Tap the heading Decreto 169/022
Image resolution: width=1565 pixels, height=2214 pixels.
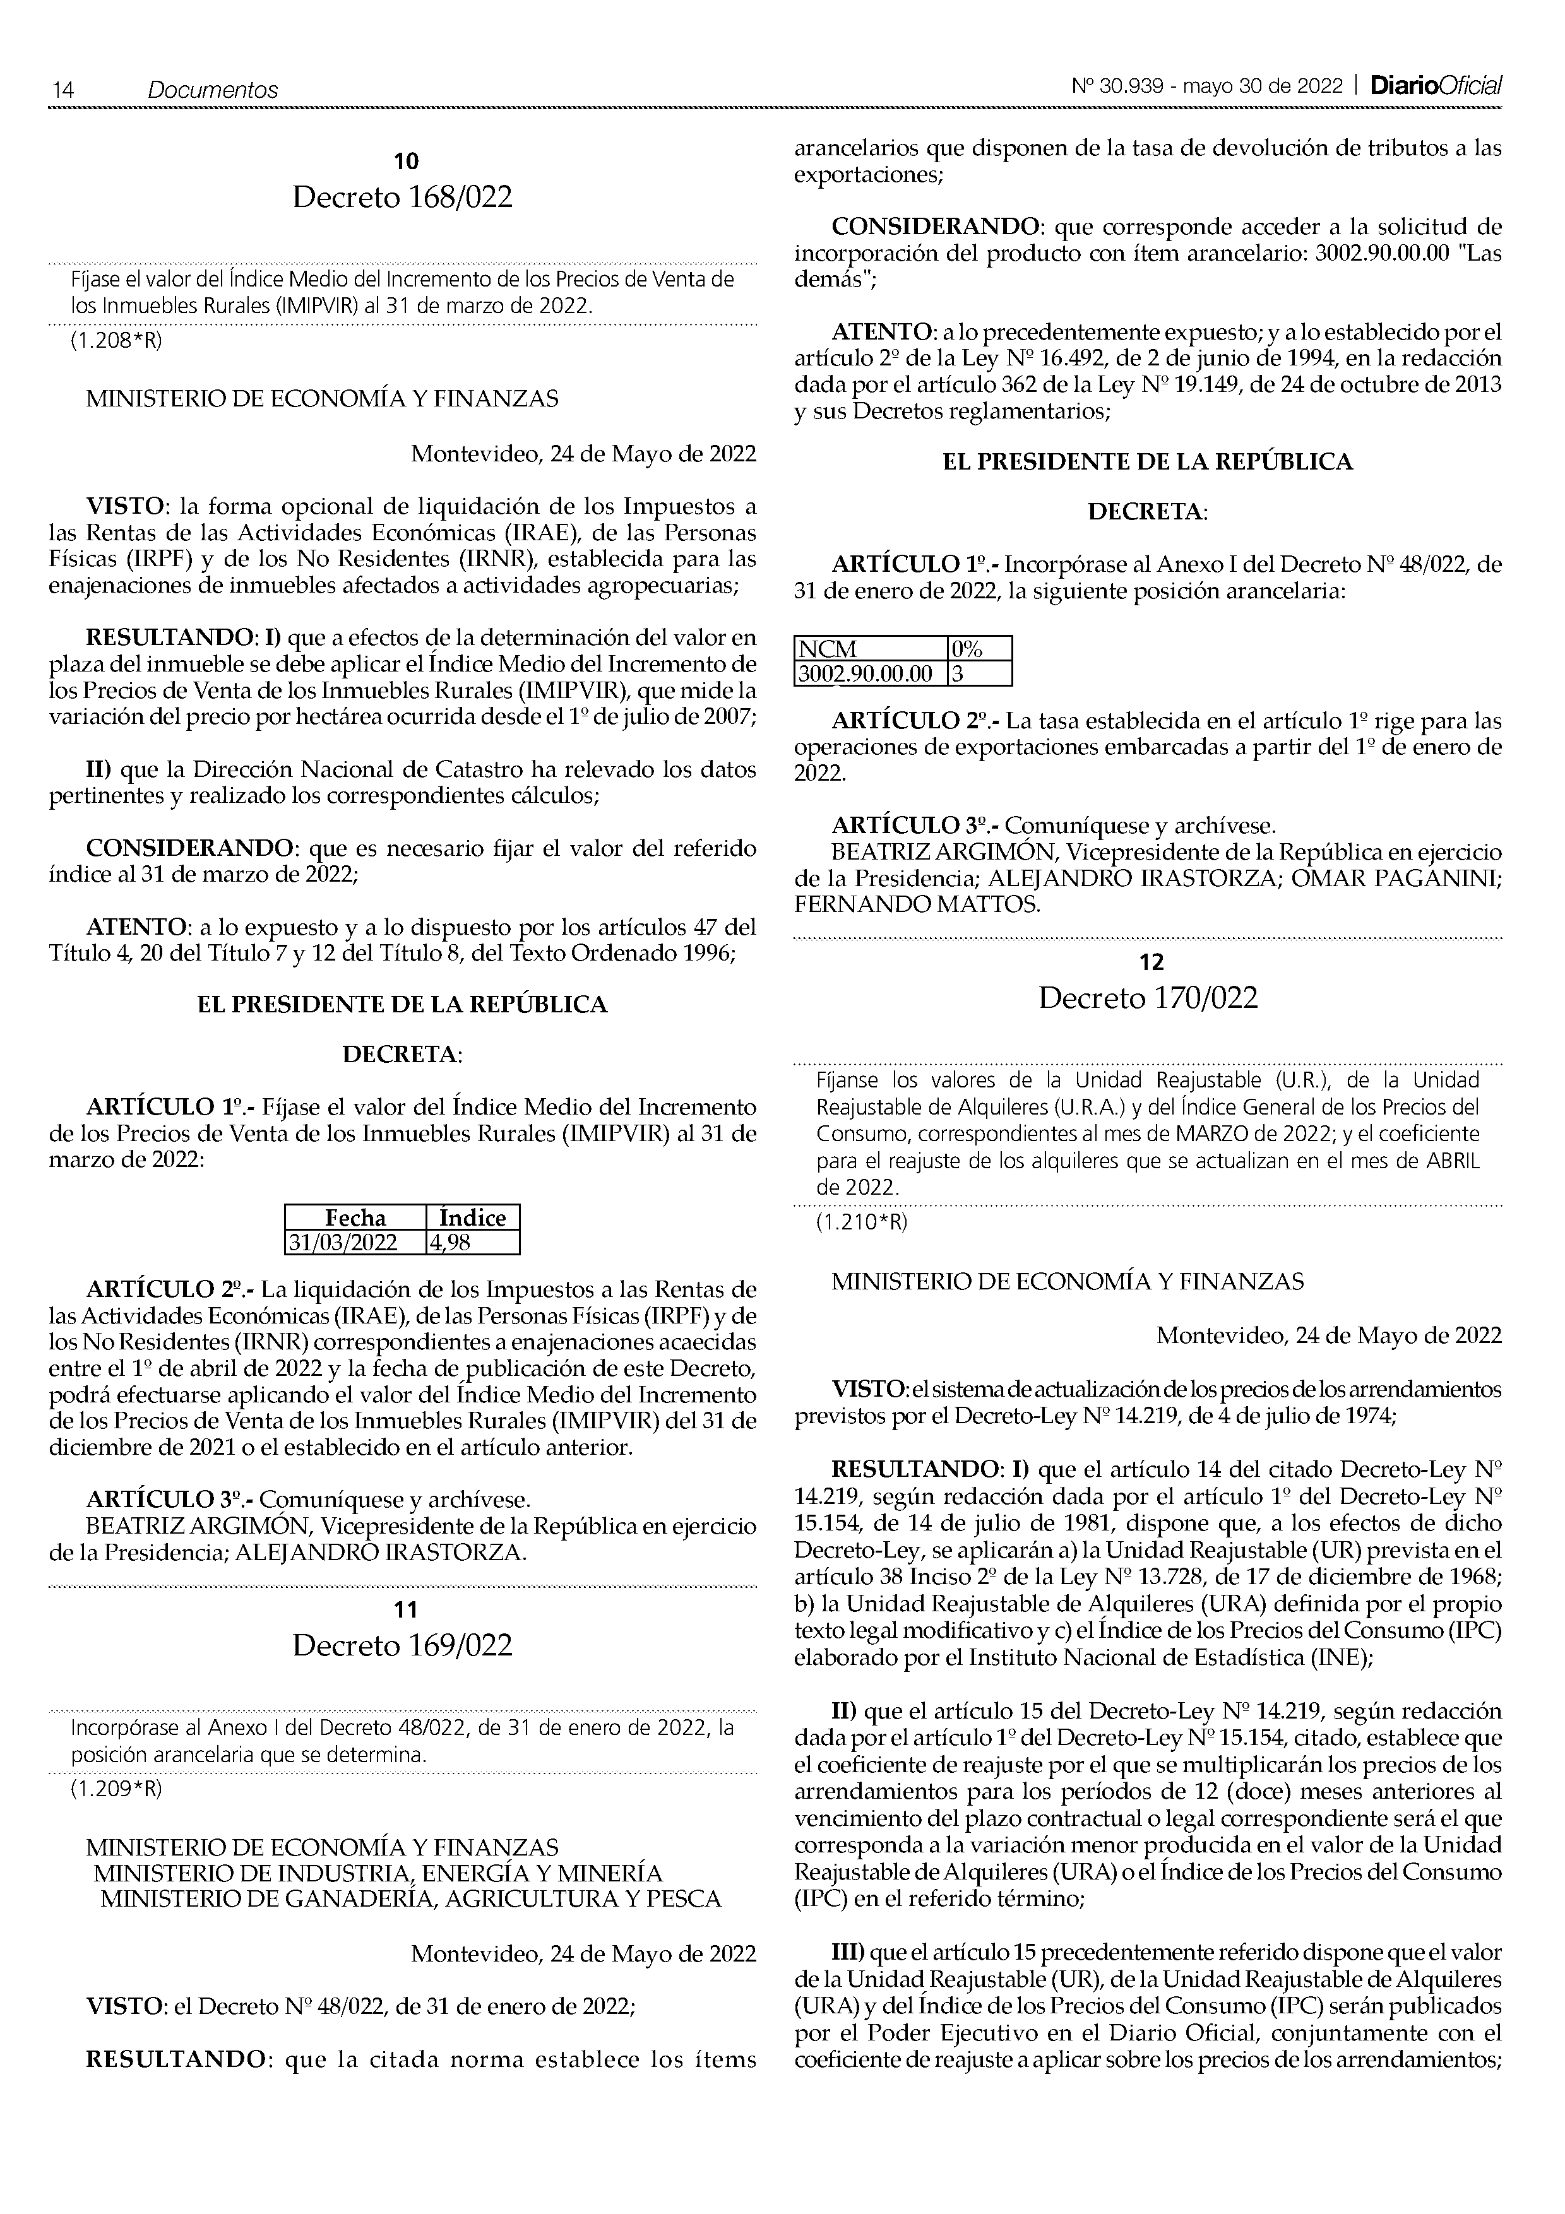click(402, 1645)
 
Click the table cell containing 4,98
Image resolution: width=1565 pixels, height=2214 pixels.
click(472, 1242)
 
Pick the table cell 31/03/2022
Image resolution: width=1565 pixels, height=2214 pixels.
click(355, 1242)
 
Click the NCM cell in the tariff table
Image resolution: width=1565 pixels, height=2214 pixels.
click(870, 649)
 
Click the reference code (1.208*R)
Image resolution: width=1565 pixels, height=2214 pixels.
click(116, 341)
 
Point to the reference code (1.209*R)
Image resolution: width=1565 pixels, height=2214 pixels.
click(116, 1789)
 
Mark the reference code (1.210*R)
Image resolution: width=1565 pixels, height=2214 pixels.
click(862, 1222)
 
